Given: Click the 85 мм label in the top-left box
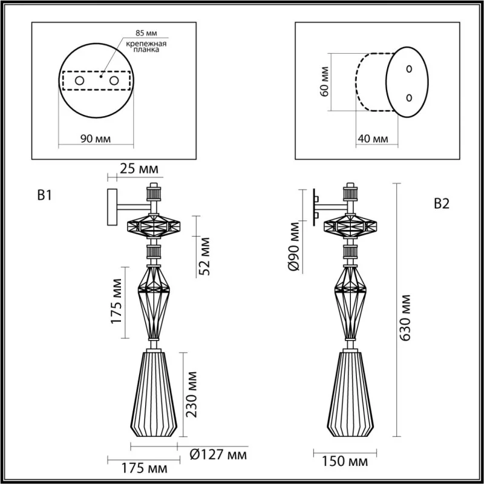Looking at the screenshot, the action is click(146, 33).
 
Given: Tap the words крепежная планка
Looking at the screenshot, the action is click(146, 47).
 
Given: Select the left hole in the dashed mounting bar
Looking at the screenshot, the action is click(80, 81).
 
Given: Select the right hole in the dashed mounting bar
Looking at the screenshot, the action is click(114, 81).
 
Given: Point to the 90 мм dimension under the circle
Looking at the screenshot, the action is click(96, 139).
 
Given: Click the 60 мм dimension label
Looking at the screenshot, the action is click(324, 82).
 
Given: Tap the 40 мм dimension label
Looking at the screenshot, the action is click(373, 139).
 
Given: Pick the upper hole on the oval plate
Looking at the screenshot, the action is click(409, 69).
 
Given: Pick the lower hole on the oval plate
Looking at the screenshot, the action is click(409, 98).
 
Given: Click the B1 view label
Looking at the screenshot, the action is click(44, 195).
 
